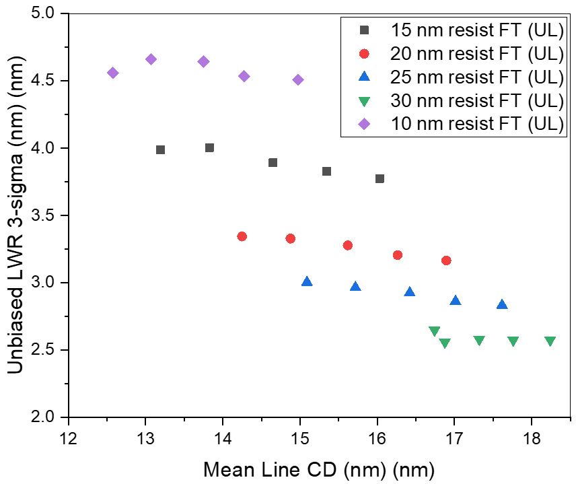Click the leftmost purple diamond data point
point(113,73)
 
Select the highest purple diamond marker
point(151,59)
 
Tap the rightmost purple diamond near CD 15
point(298,79)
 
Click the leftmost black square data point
point(160,149)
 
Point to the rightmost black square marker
point(380,178)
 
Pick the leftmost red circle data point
point(242,236)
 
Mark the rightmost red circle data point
point(446,261)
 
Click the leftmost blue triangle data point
point(307,281)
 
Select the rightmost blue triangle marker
point(501,304)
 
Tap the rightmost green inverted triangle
point(550,341)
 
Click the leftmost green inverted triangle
point(434,331)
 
